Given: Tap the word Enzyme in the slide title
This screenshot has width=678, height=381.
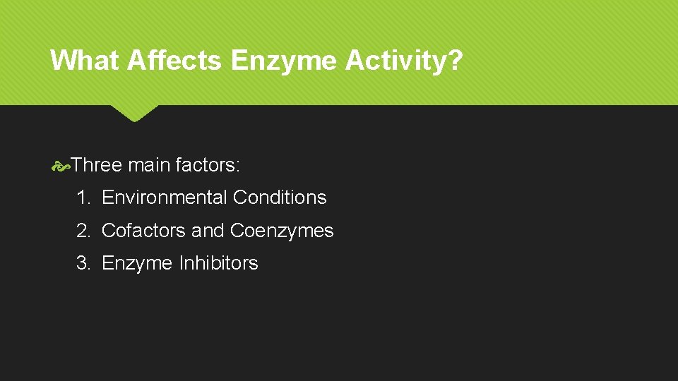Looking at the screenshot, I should click(285, 61).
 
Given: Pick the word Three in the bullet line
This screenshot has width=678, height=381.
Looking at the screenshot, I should click(97, 166).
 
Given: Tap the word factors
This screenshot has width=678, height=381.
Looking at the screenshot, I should click(206, 166).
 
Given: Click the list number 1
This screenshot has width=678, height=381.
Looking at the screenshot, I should click(83, 198).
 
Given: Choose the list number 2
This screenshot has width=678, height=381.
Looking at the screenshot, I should click(83, 231).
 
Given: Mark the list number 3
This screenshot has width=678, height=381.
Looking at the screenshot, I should click(83, 263).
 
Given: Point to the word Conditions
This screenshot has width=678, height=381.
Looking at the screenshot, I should click(280, 198).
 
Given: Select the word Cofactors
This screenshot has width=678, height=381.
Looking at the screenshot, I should click(144, 231).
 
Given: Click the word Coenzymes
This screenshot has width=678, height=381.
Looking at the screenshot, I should click(282, 231).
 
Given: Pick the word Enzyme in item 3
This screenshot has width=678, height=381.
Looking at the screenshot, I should click(137, 263).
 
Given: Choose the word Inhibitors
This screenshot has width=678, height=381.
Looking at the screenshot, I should click(218, 263).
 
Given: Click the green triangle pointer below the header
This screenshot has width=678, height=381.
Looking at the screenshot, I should click(134, 112).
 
